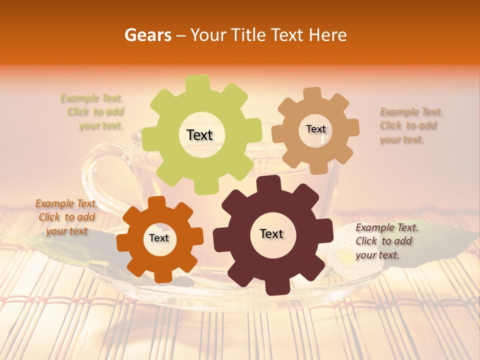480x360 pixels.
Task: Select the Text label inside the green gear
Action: tap(199, 135)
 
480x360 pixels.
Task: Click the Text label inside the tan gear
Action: tap(315, 129)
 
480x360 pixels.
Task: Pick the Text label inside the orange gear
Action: tap(159, 238)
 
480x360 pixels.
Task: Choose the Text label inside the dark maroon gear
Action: tap(271, 233)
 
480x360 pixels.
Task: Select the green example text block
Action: tap(93, 112)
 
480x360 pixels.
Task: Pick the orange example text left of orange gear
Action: tap(66, 217)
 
